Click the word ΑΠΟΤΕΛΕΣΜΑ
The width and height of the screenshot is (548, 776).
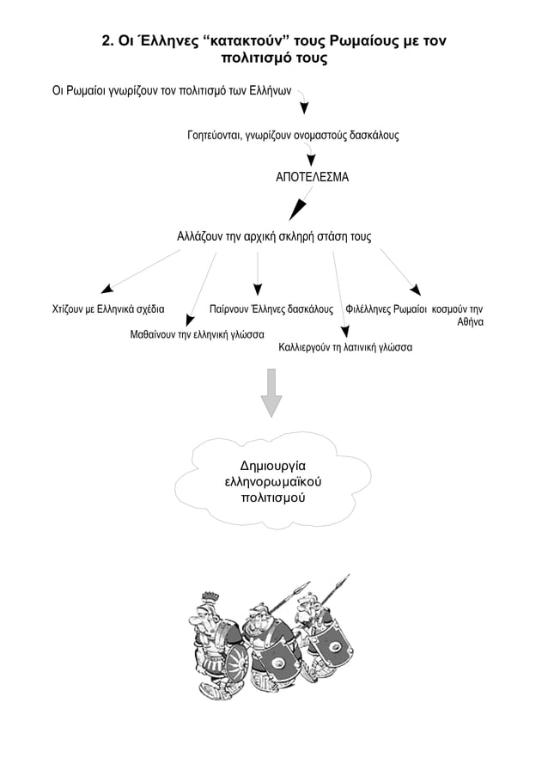point(312,176)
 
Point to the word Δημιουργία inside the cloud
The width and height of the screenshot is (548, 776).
point(273,467)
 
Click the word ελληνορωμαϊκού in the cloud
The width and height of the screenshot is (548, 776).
point(273,482)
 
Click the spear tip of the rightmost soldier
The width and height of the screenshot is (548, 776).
point(346,577)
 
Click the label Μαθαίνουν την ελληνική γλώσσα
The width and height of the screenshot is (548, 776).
point(197,334)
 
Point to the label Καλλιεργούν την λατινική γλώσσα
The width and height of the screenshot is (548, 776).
point(345,348)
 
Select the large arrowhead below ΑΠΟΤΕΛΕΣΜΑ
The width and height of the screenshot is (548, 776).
point(296,209)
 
